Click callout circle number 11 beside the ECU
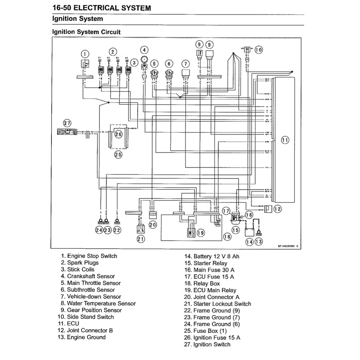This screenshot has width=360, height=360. point(285,140)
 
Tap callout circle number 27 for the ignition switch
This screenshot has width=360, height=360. point(67,123)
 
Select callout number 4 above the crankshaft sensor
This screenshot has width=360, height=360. point(144,50)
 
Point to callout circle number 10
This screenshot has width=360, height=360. point(259,50)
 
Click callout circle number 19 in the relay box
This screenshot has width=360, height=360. point(200,233)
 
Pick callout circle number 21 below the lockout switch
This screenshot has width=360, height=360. point(140,239)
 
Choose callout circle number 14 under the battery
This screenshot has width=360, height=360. point(249,241)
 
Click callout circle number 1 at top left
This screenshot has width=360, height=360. point(84,54)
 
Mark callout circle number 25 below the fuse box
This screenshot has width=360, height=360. point(118,154)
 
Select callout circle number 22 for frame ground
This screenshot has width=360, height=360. point(117,230)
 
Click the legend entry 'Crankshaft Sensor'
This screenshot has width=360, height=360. point(91,276)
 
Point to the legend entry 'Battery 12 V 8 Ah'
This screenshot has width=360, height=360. point(216,256)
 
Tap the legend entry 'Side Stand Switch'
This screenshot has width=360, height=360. point(90,317)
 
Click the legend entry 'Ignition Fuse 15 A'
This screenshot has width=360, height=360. point(217,338)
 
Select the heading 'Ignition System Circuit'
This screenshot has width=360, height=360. point(87,32)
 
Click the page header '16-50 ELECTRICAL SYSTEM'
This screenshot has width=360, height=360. point(102,8)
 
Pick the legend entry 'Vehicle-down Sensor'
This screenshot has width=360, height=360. point(94,297)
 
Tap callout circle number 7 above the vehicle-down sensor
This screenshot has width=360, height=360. point(185,63)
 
